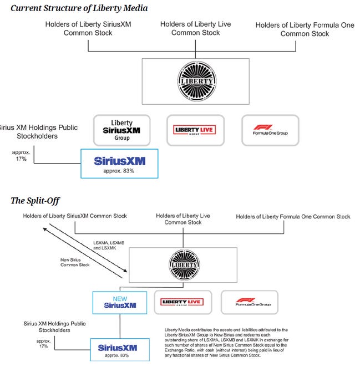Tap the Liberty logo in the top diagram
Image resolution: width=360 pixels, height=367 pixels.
coord(195,81)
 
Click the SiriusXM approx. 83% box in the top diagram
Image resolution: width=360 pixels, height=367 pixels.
coord(119,163)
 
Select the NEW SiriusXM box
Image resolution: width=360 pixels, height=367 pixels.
coord(119,303)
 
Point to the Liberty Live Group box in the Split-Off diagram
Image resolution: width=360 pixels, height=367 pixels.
coord(183,302)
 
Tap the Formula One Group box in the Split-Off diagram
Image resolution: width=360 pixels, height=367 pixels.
coord(249,302)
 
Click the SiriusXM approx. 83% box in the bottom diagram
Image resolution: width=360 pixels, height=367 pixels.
coord(117,349)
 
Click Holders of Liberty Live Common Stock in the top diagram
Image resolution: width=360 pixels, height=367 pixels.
coord(195,28)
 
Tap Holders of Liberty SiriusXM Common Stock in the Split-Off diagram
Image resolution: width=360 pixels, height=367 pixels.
coord(74,216)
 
